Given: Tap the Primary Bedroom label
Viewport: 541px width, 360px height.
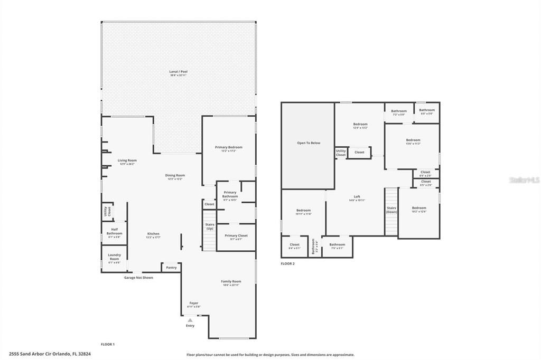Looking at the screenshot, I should [x=228, y=147].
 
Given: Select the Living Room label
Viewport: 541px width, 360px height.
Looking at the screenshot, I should [x=127, y=160].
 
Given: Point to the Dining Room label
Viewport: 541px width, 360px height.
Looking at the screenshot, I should [x=176, y=176].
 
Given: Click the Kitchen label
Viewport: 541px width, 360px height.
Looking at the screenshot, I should [x=153, y=234].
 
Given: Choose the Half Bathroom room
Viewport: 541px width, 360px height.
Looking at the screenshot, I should [x=114, y=233].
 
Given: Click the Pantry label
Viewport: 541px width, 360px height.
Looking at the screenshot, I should [x=171, y=268].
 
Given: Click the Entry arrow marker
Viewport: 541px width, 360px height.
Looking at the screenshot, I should [x=190, y=320].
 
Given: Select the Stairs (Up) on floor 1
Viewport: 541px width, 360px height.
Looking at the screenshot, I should [x=209, y=227].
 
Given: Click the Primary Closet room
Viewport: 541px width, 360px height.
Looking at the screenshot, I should [x=236, y=236].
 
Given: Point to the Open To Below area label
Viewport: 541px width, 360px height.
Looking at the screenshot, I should [x=308, y=143].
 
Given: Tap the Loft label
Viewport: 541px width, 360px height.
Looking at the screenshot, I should [x=357, y=197].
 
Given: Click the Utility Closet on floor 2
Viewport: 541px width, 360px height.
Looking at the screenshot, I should [x=341, y=153].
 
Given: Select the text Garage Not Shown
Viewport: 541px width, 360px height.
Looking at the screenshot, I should [x=138, y=277].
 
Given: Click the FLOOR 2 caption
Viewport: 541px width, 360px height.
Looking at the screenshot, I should [x=288, y=263].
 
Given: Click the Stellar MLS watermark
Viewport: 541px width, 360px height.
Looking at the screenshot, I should [x=524, y=180].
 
